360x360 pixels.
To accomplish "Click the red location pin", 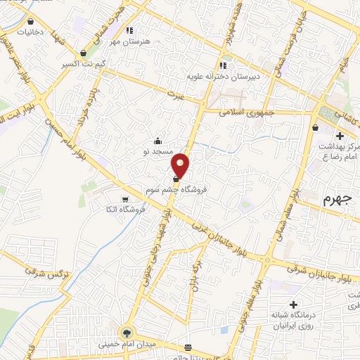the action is [181, 165].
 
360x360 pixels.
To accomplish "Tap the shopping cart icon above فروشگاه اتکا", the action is [126, 198].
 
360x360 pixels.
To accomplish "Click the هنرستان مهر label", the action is [128, 42].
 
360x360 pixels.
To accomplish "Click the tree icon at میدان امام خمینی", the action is [127, 333].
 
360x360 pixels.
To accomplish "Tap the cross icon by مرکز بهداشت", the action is [340, 136].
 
